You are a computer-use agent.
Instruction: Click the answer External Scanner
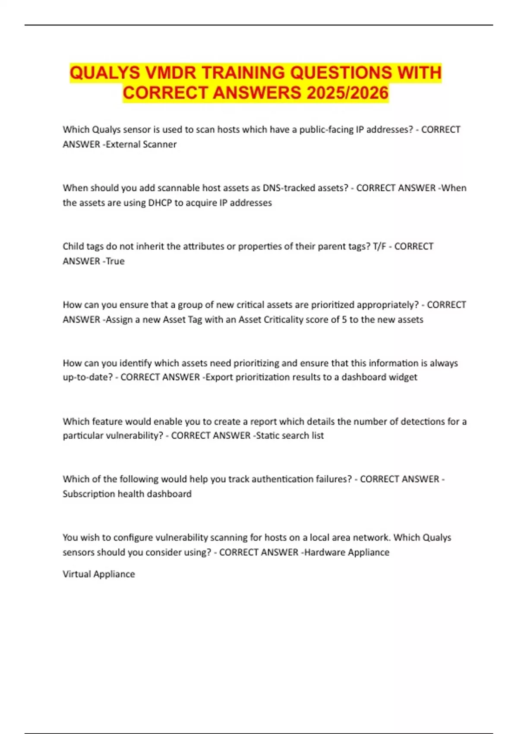(141, 144)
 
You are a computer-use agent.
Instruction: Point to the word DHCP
(160, 202)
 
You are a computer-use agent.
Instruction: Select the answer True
(115, 261)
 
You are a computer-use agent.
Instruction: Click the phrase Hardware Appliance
(347, 552)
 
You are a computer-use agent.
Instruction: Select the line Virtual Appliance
(99, 574)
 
